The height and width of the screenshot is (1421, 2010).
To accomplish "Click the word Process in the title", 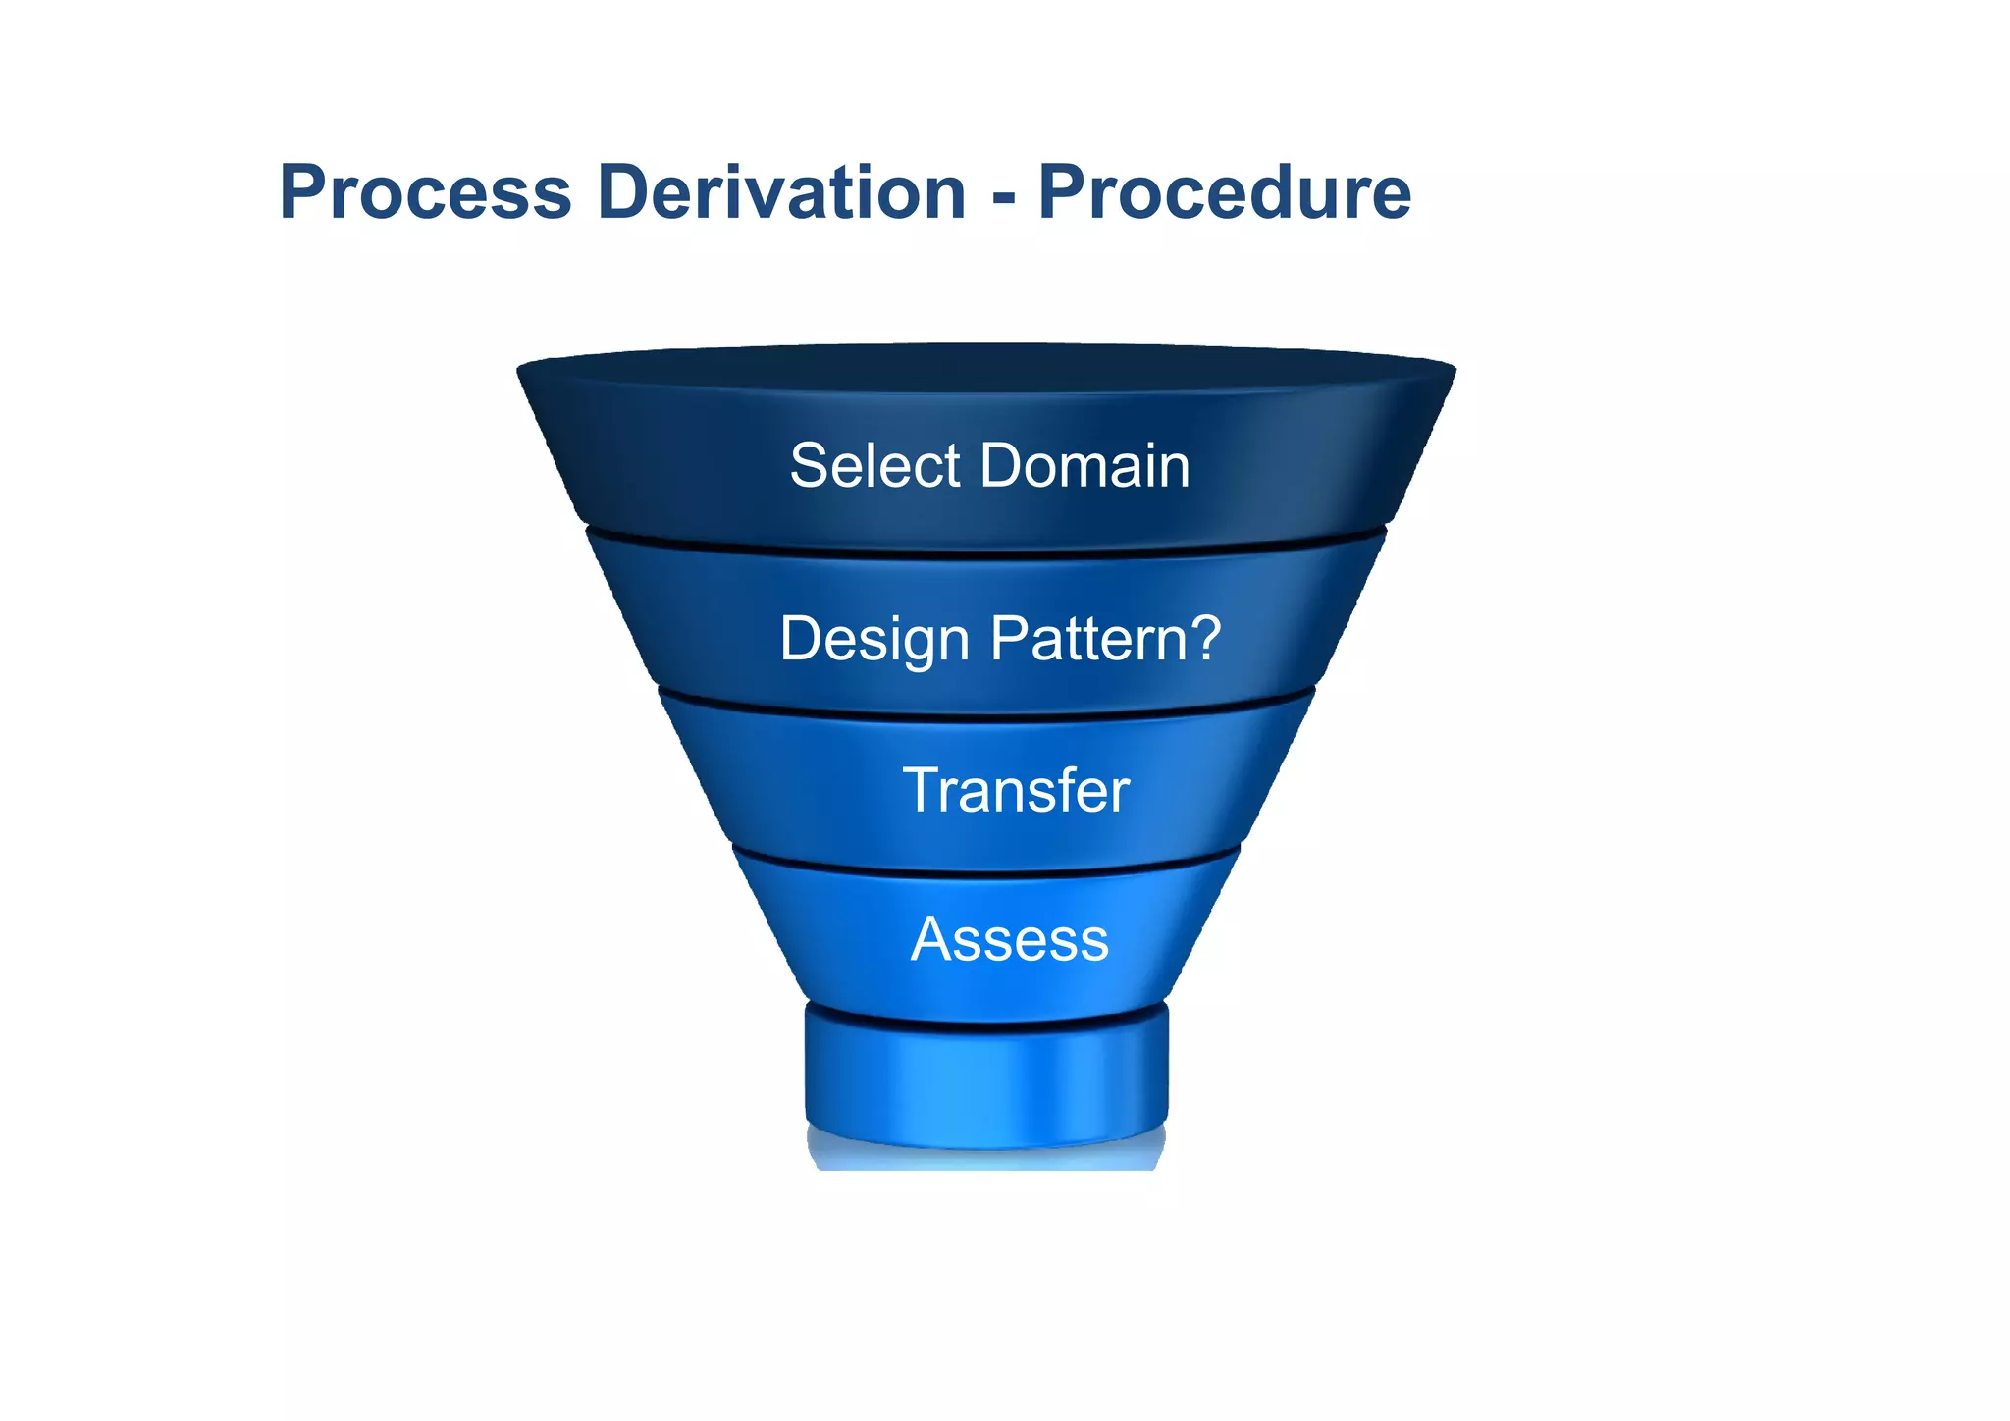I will click(425, 193).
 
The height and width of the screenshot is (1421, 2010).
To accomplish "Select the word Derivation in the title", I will click(781, 193).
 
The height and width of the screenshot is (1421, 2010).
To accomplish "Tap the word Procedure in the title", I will click(1224, 193).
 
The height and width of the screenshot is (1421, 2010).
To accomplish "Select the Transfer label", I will click(1015, 791).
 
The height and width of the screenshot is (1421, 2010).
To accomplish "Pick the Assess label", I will click(1009, 940).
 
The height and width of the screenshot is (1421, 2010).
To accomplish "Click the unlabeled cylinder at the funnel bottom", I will click(986, 1079).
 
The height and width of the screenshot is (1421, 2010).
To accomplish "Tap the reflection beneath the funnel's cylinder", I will click(986, 1158).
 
